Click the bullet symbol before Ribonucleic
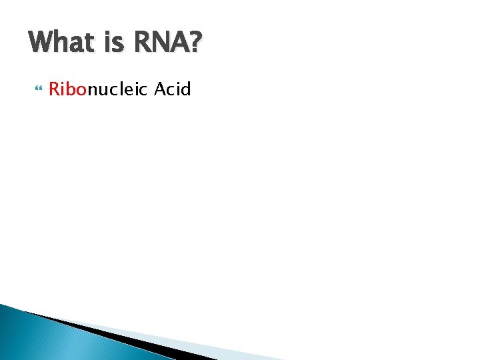point(36,89)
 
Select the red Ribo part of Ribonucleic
point(68,89)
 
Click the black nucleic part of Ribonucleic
point(117,89)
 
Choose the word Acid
point(173,89)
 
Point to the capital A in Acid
point(160,89)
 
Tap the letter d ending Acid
point(187,89)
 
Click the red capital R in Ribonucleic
point(54,89)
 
